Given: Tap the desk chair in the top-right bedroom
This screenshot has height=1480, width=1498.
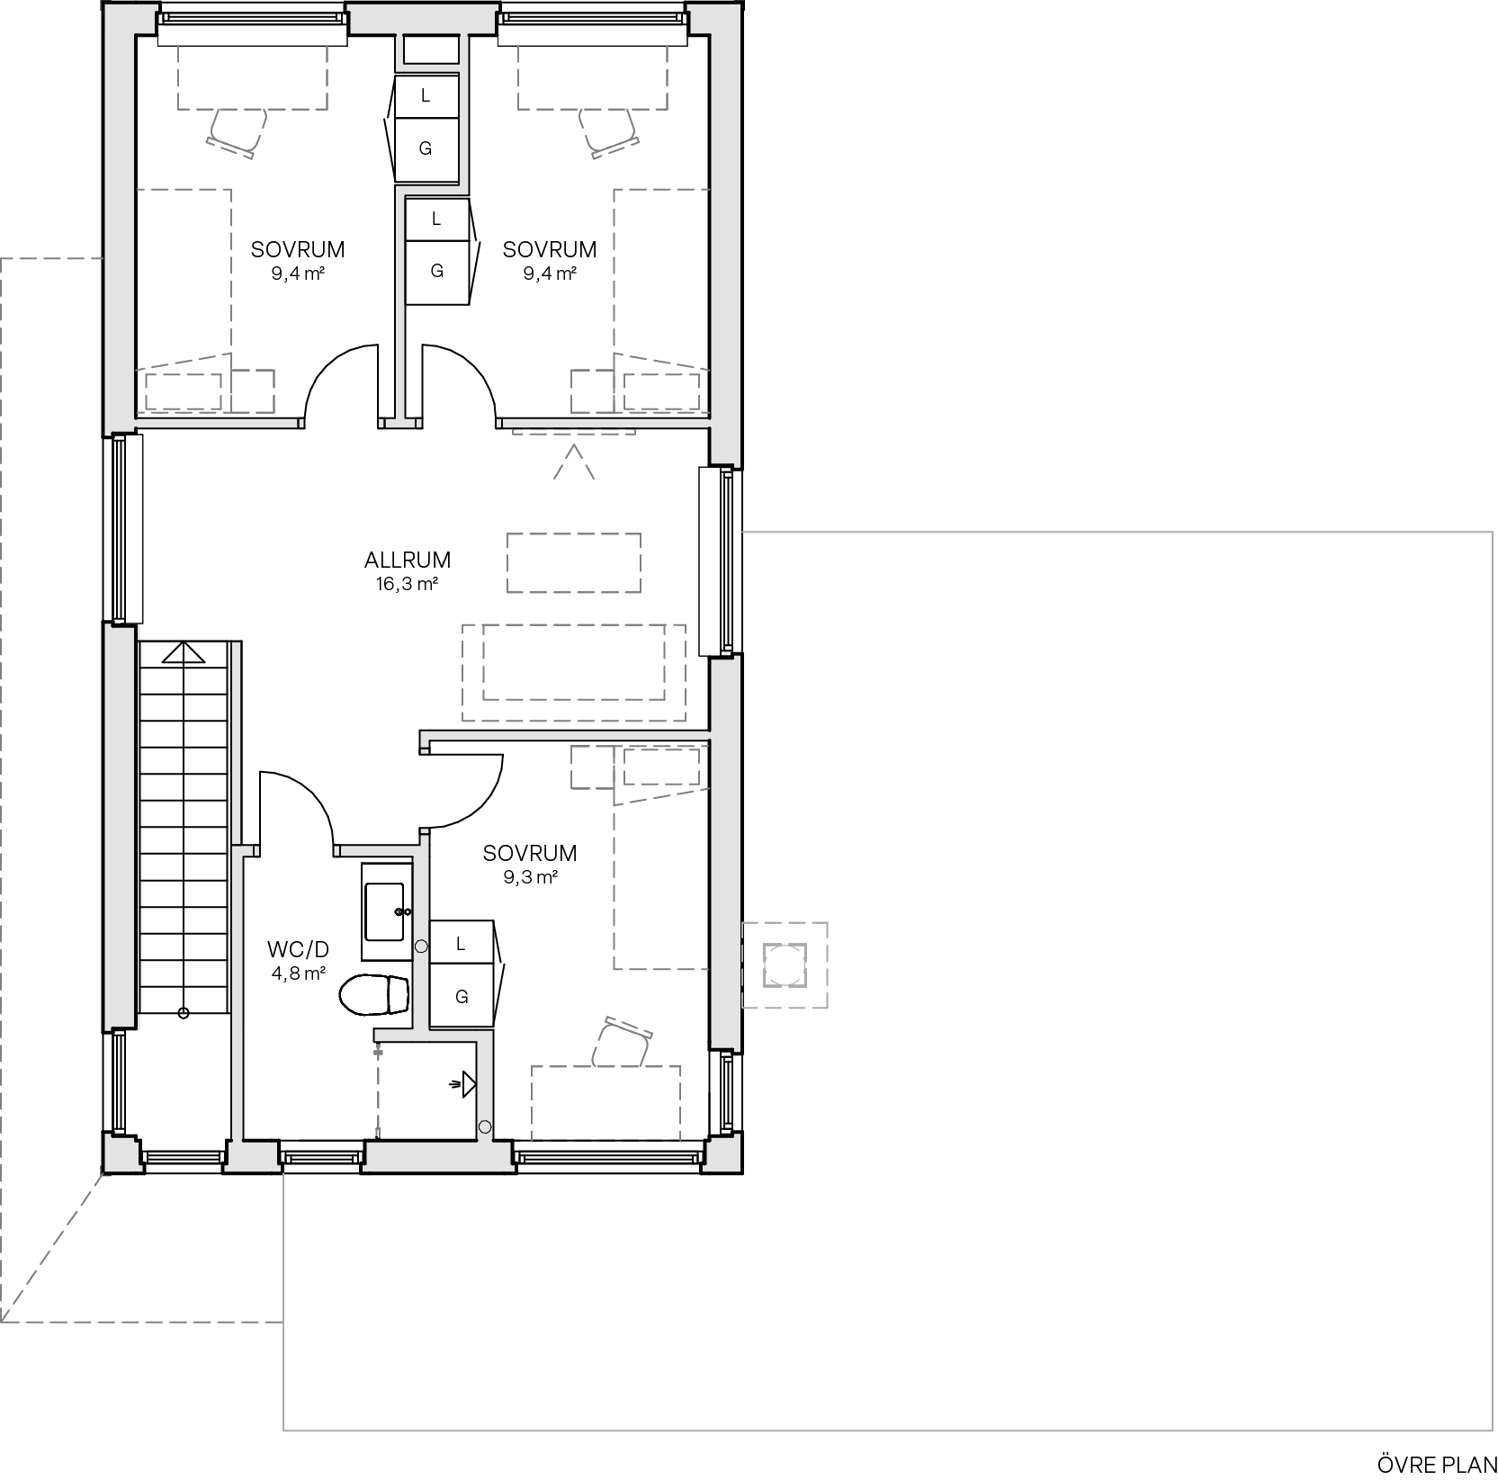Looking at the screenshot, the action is pos(609,131).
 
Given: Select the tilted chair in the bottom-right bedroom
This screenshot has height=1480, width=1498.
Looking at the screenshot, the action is pos(622,1044).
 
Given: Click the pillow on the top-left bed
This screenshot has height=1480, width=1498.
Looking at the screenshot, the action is pos(184,390).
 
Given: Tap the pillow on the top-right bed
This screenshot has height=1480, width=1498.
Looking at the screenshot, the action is pos(661,390).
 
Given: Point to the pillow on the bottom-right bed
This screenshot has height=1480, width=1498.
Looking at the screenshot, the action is pos(661,767).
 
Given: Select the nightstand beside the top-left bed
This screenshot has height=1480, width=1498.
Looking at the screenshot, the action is pos(253,390).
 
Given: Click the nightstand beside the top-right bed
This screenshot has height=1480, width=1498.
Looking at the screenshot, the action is pos(592,390).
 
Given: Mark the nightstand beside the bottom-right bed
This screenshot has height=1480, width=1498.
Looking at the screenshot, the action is pos(592,767).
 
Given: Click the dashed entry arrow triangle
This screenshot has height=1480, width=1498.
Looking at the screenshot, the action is pos(573,463).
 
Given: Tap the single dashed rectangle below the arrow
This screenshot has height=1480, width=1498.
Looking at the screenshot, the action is pos(573,563).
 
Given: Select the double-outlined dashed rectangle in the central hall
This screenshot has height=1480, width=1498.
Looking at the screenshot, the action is pos(573,672).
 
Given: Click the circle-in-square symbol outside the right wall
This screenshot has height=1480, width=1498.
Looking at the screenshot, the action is pos(785,964).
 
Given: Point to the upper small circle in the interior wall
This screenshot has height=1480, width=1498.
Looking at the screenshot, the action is pos(420,946).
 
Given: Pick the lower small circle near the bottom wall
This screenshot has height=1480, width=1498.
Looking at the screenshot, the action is pos(485,1126).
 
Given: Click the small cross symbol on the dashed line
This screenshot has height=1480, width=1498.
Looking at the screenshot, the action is pos(378,1051).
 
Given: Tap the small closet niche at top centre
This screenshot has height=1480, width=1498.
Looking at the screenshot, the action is pos(430,49).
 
